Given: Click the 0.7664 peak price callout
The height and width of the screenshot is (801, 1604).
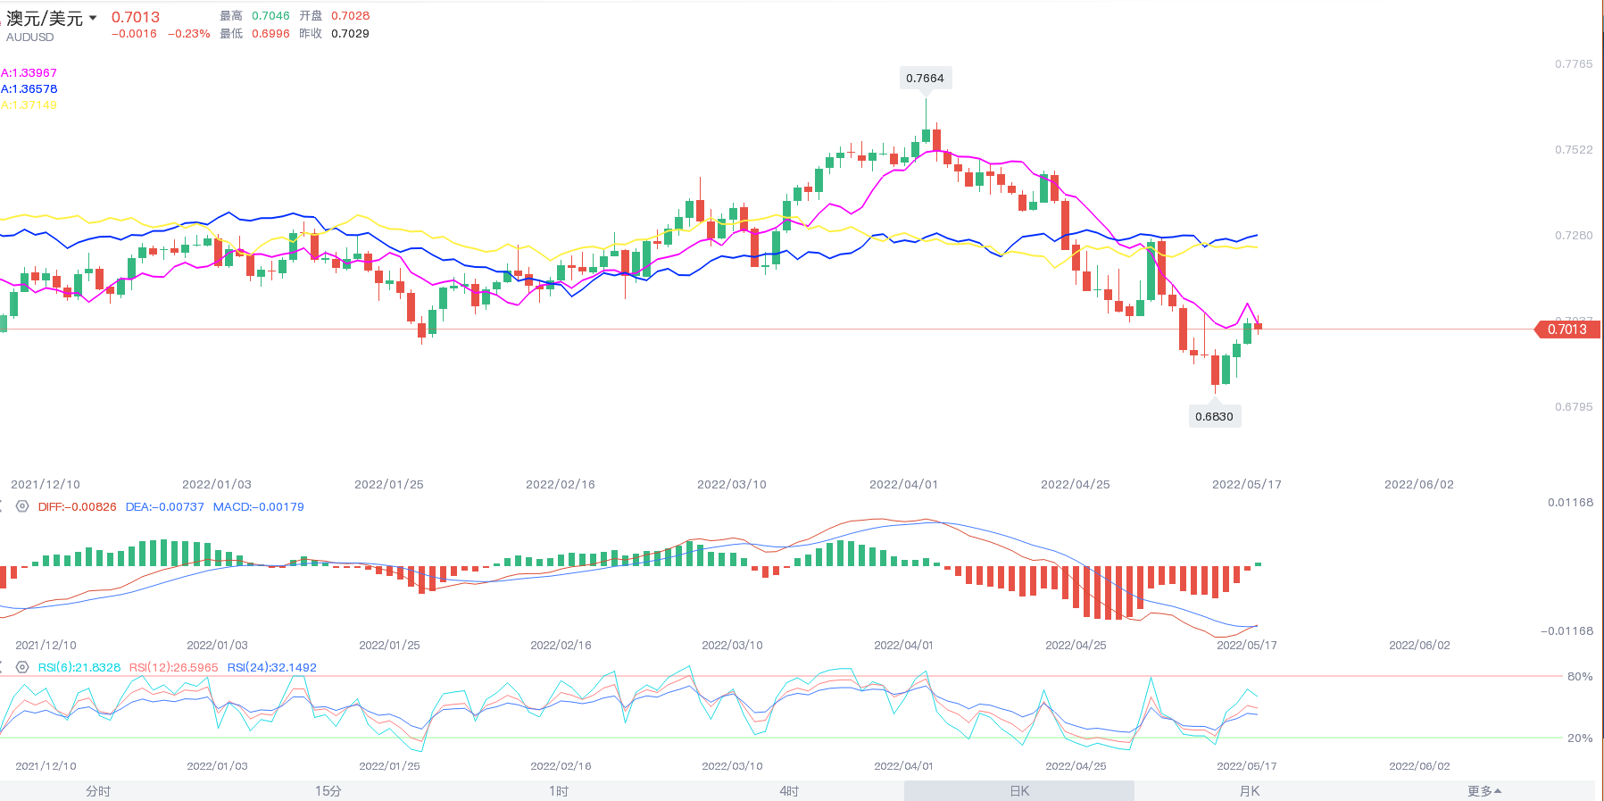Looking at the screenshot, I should click(925, 79).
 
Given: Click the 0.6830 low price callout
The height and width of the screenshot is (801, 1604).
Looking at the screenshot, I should click(1214, 416).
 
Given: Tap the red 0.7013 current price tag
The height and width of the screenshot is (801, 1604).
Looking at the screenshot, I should click(1567, 330).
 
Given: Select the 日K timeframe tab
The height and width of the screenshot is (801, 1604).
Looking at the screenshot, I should click(1019, 791).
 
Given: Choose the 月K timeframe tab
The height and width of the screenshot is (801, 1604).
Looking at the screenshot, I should click(1250, 791).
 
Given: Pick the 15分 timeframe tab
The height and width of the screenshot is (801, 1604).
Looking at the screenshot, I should click(328, 791).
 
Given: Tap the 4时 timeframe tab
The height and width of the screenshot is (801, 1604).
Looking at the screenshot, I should click(789, 791).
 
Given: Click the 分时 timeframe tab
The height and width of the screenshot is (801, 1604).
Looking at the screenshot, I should click(98, 791).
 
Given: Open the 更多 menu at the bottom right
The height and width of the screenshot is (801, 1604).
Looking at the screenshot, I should click(1484, 791).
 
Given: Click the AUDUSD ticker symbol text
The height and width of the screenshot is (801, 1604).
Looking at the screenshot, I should click(30, 38).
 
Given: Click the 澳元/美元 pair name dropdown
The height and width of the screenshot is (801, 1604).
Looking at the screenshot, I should click(52, 19).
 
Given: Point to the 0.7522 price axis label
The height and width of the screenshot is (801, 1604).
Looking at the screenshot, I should click(1573, 150).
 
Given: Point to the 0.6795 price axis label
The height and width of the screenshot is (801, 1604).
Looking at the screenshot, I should click(1573, 407).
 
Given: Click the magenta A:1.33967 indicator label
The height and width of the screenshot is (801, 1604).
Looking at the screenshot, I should click(29, 73).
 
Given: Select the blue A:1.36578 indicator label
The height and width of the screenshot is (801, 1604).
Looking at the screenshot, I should click(29, 89).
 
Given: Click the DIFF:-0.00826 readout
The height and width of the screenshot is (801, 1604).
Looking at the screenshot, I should click(77, 507).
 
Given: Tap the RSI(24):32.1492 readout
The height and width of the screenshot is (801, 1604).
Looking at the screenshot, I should click(271, 668).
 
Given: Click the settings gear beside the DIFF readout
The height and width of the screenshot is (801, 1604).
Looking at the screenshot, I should click(22, 506).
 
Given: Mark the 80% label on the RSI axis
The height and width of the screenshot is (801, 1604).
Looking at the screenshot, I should click(1579, 677).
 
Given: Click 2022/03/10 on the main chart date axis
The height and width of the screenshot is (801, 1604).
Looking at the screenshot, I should click(732, 485).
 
